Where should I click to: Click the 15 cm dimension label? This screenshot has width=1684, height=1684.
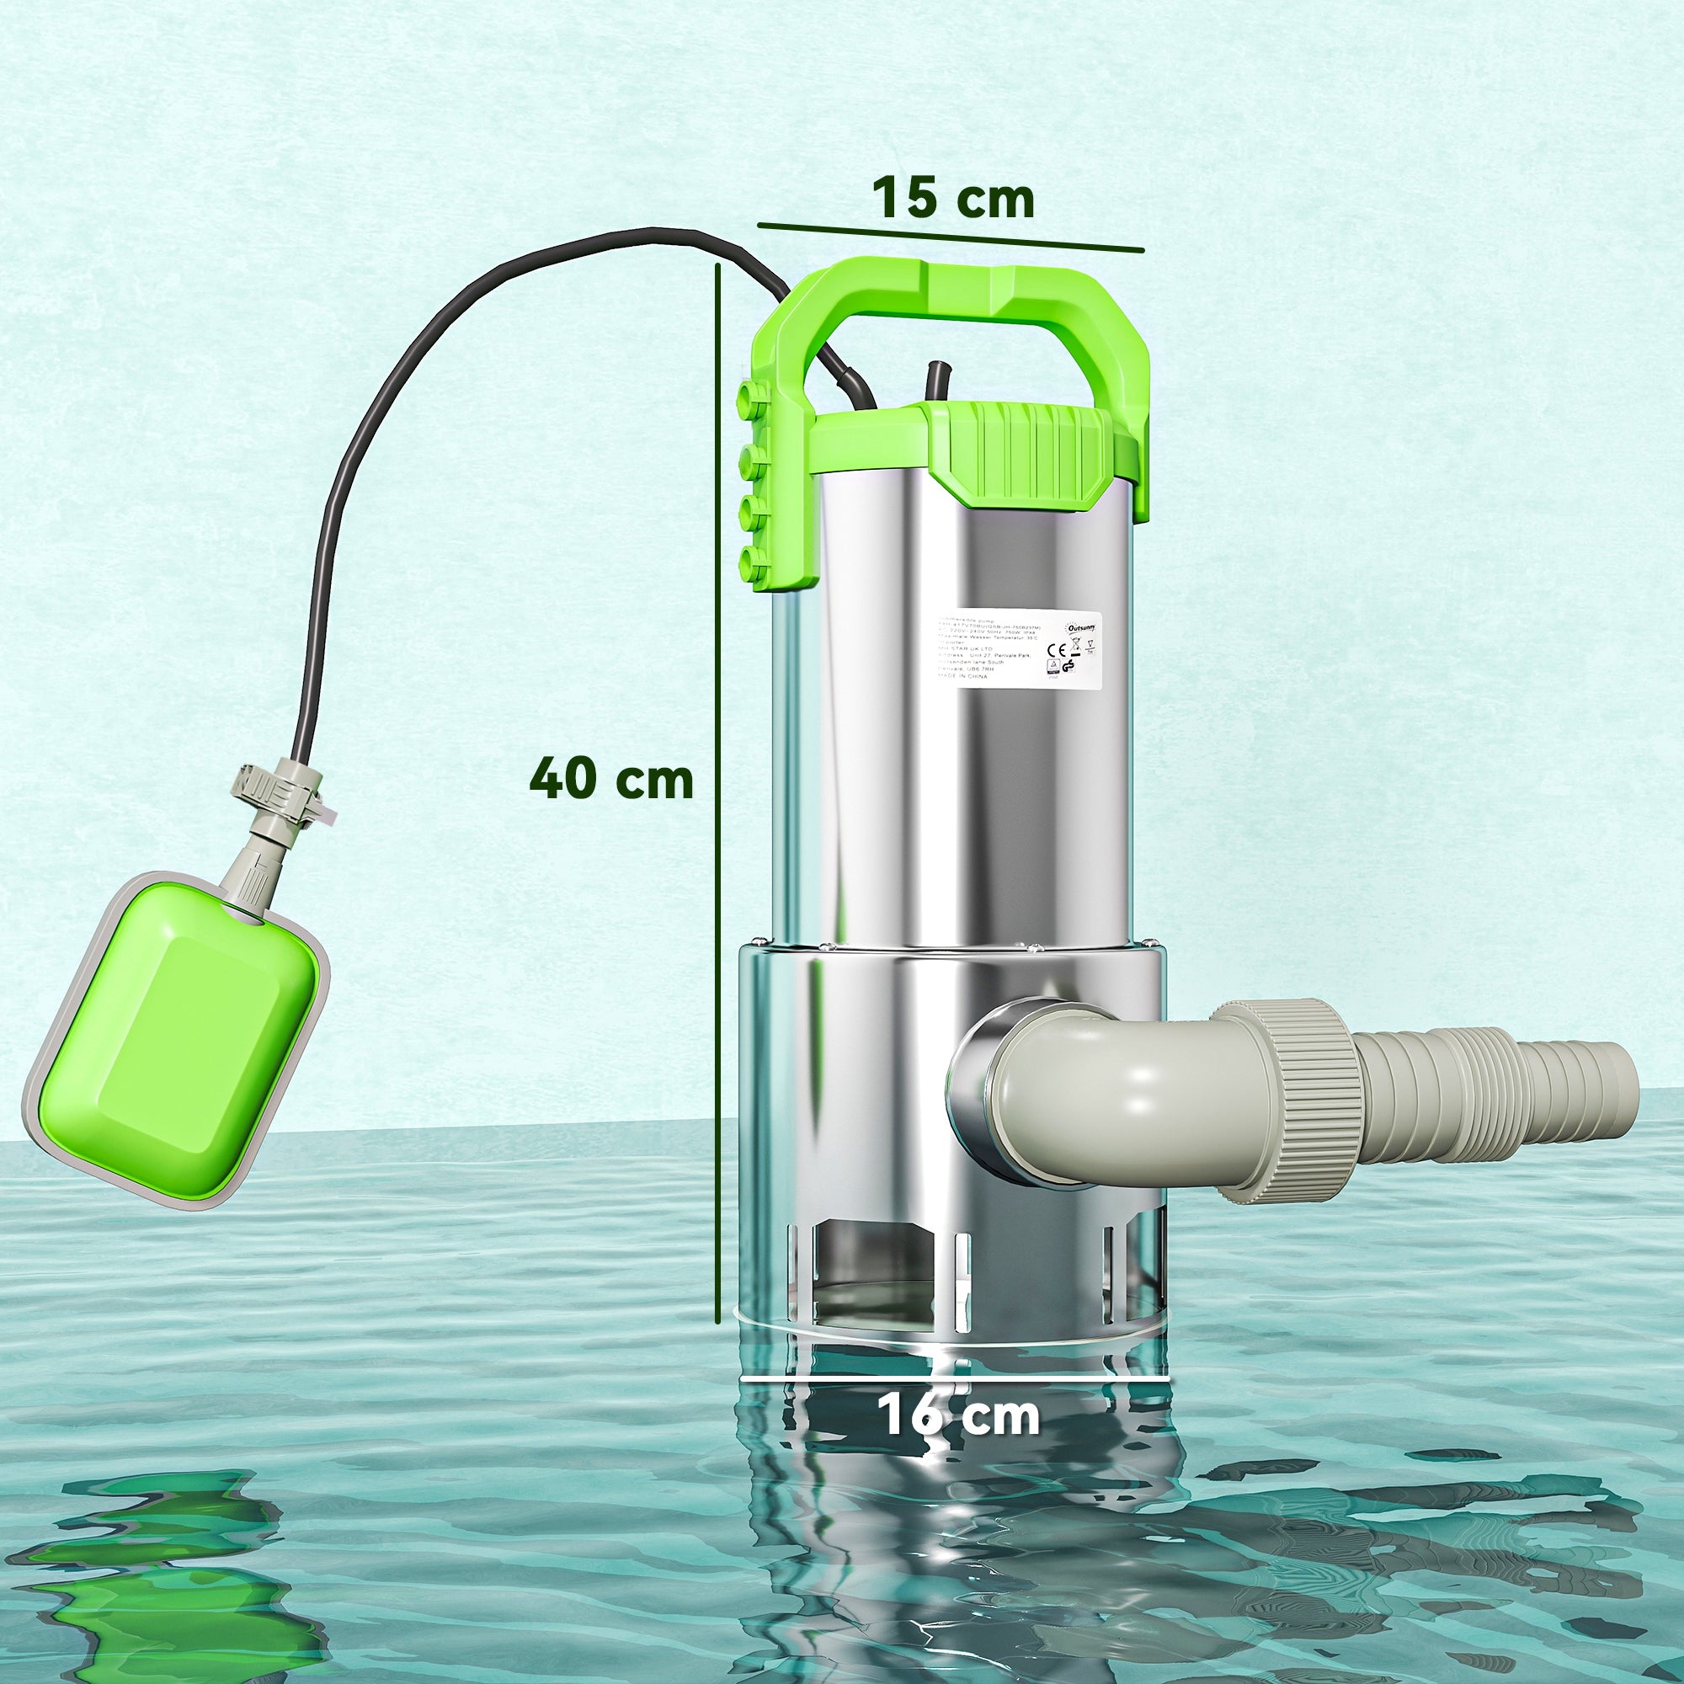(x=954, y=199)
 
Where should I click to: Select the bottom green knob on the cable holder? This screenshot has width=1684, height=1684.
(x=750, y=562)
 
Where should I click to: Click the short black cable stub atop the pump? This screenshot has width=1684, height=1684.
(x=938, y=383)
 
